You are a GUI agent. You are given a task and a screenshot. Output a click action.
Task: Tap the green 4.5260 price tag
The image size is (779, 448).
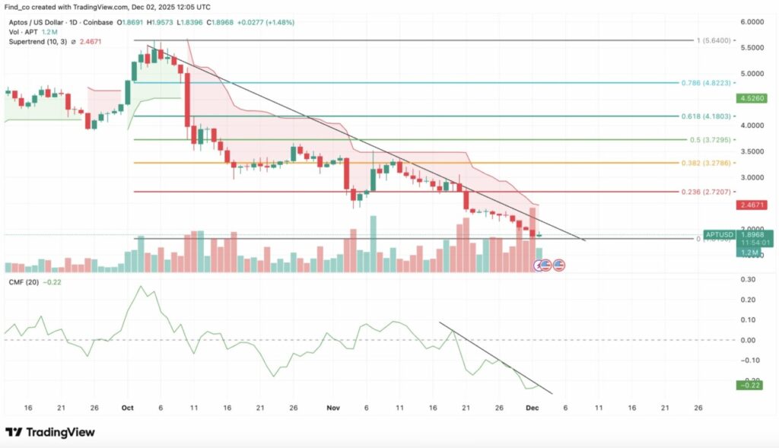point(749,98)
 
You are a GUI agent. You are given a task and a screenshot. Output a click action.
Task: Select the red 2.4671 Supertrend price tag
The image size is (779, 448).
point(749,205)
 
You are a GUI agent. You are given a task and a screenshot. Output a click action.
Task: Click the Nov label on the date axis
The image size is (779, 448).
point(332,408)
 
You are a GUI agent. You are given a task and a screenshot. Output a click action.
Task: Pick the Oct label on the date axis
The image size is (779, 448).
point(128,408)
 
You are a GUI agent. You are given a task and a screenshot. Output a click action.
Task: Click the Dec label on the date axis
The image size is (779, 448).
point(534,408)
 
